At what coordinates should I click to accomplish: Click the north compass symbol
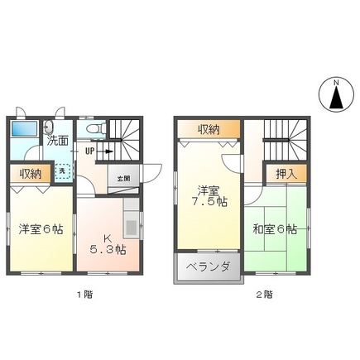point(337,95)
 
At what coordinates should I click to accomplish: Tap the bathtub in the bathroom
point(25,131)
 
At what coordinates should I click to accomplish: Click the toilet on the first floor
point(92,128)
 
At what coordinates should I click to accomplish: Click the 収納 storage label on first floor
point(31,174)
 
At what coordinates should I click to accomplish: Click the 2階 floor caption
point(262,294)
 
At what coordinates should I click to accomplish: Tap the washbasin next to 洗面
point(49,127)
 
